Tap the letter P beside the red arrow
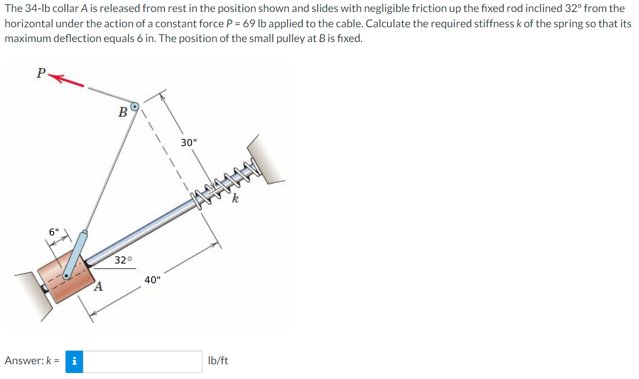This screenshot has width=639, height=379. tap(41, 73)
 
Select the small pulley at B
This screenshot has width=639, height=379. tap(134, 107)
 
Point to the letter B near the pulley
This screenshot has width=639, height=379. tap(123, 112)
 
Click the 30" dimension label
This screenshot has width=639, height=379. tap(189, 143)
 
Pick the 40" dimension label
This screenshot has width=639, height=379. tap(152, 280)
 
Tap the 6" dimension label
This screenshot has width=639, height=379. tap(54, 232)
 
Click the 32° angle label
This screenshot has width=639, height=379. tap(123, 260)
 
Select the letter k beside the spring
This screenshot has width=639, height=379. tap(235, 199)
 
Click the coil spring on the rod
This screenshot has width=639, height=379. tap(225, 183)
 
